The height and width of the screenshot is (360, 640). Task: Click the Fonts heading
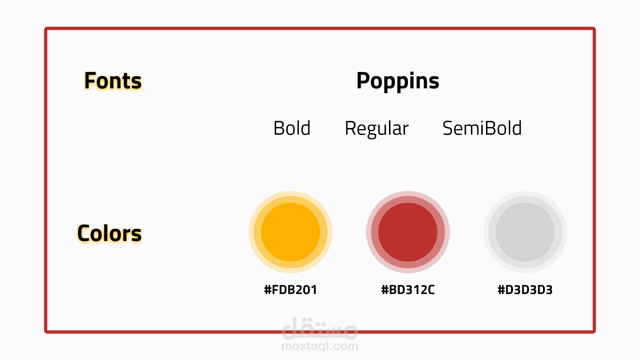pyautogui.click(x=113, y=81)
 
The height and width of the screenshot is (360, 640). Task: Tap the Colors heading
pyautogui.click(x=109, y=233)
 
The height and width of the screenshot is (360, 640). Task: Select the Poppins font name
pyautogui.click(x=398, y=81)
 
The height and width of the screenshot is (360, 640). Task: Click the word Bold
pyautogui.click(x=292, y=128)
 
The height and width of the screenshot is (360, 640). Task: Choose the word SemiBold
pyautogui.click(x=482, y=128)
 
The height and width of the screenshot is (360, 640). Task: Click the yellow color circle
pyautogui.click(x=291, y=232)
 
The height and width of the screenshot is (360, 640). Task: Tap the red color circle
pyautogui.click(x=408, y=232)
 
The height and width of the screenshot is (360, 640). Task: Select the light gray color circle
pyautogui.click(x=525, y=232)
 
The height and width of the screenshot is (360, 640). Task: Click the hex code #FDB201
pyautogui.click(x=290, y=290)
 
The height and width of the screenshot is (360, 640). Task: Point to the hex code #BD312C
pyautogui.click(x=408, y=290)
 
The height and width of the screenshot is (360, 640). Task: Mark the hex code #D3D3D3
pyautogui.click(x=525, y=290)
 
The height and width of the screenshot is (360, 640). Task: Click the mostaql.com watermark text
pyautogui.click(x=320, y=346)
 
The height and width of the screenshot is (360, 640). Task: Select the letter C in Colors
pyautogui.click(x=85, y=233)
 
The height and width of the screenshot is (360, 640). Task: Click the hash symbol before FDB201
pyautogui.click(x=268, y=290)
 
